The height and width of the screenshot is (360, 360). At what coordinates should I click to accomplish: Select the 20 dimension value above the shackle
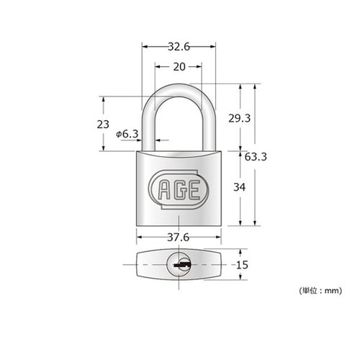[178, 67]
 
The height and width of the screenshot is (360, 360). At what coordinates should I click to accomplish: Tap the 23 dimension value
[102, 124]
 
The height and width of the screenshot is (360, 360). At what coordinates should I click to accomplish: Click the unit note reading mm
[321, 291]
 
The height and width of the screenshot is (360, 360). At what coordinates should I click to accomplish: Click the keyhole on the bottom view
[179, 266]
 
